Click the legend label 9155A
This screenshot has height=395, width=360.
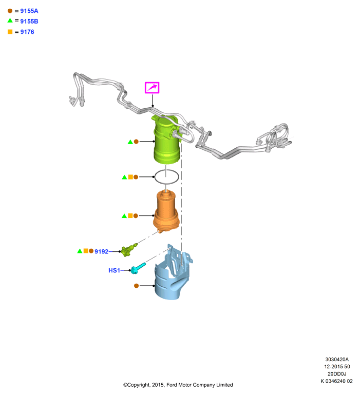pos(29,11)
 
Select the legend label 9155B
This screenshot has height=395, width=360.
pos(29,22)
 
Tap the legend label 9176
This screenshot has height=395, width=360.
pos(27,32)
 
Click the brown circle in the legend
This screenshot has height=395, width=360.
pos(10,11)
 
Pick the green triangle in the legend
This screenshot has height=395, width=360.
pos(10,21)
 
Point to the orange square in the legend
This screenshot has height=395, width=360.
pos(10,32)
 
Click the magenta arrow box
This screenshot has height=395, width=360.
pos(152,88)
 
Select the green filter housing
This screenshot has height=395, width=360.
pos(166,141)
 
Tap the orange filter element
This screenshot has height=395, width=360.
pos(166,211)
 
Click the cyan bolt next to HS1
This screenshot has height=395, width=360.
pos(138,268)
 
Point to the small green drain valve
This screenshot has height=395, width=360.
pos(129,250)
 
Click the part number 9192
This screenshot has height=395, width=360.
pos(101,252)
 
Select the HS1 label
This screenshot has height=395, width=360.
pos(115,270)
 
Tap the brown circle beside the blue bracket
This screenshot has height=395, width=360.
pos(137,286)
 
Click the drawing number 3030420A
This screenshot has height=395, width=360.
pos(337,360)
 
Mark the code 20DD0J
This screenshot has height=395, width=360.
pos(337,374)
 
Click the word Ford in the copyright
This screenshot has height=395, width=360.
pos(172,385)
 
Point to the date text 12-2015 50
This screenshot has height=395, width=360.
pos(337,367)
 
